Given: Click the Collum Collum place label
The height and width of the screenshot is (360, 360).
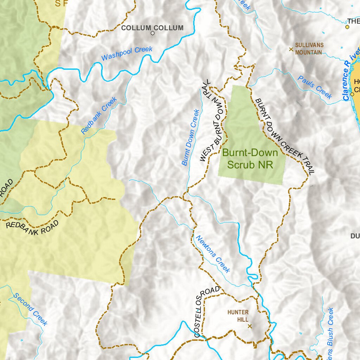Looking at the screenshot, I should click(152, 28).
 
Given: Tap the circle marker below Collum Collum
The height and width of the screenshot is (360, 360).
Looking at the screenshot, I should click(153, 33).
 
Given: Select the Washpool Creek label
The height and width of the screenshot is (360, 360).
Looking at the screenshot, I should click(127, 53).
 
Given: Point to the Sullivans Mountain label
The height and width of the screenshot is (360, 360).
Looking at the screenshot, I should click(308, 49).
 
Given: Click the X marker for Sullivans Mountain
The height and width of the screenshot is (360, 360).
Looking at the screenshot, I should click(291, 49).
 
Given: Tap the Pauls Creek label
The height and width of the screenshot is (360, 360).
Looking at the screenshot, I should click(315, 87).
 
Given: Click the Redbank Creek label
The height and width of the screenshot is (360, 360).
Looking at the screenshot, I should click(99, 116).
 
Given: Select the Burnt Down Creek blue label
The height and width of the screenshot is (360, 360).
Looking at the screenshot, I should click(191, 137).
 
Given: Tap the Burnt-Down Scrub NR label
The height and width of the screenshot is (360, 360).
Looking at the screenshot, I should click(250, 159).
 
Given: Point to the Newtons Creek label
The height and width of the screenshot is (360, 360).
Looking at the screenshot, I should click(212, 254).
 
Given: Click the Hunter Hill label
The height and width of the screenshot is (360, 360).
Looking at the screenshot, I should click(238, 316).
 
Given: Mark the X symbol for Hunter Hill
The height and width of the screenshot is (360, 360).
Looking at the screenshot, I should click(250, 326).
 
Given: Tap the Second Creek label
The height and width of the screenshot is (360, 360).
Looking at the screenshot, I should click(30, 309).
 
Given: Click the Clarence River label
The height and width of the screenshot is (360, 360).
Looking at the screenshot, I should click(351, 73).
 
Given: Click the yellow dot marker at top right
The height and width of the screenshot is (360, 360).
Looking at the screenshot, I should click(347, 27).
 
